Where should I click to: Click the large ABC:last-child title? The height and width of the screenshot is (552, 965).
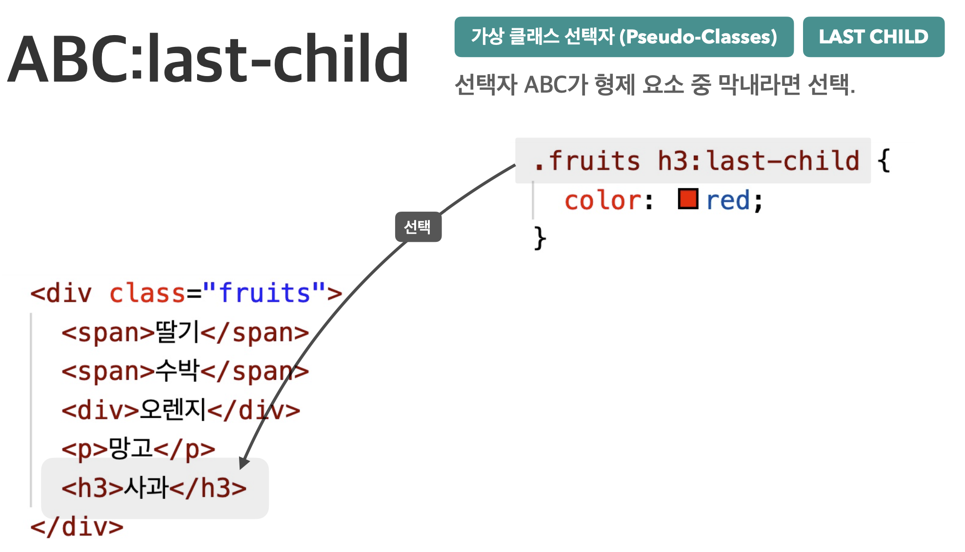coord(208,59)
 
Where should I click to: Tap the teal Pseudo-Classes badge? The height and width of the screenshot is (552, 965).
coord(624,37)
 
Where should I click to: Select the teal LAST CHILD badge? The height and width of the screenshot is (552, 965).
coord(873,37)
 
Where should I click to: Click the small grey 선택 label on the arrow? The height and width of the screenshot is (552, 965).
coord(418,227)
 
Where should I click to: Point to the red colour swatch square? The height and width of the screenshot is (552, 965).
coord(688,199)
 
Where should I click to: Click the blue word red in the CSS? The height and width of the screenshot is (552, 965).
coord(728,200)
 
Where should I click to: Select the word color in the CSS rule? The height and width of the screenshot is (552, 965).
coord(603,200)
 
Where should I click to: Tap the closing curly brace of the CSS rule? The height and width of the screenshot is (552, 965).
coord(540,238)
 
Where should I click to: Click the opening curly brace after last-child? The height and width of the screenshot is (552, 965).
coord(884,160)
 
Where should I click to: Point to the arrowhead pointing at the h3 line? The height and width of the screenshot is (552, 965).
coord(244,463)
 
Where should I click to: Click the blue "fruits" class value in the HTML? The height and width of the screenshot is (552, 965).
coord(264,293)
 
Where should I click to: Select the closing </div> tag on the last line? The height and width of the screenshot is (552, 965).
coord(77,527)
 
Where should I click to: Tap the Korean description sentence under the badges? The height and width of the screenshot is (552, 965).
coord(655,85)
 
